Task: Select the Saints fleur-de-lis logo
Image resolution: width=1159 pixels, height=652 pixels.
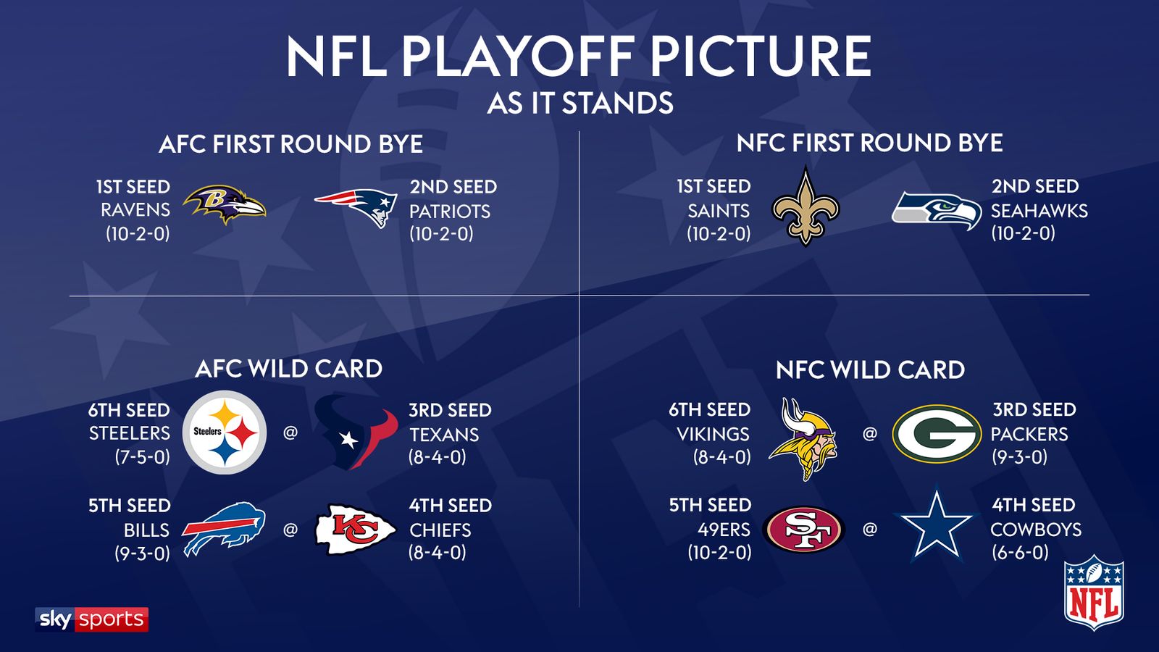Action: (x=806, y=206)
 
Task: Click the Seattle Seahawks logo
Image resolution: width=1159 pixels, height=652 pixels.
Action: (x=936, y=210)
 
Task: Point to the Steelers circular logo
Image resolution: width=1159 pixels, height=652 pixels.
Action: (x=225, y=432)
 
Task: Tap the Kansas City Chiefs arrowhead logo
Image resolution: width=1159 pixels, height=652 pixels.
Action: (x=356, y=530)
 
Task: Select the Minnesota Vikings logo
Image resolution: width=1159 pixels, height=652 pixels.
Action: (x=804, y=438)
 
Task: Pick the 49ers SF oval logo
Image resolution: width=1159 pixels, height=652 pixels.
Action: (x=804, y=530)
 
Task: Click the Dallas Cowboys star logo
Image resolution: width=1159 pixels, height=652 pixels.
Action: (x=935, y=526)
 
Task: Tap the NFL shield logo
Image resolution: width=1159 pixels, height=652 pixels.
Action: (x=1093, y=593)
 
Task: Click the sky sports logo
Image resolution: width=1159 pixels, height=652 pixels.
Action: (x=92, y=619)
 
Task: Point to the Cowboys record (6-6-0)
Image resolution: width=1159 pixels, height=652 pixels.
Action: (x=1020, y=553)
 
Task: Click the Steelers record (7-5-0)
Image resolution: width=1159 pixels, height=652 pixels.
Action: (x=142, y=457)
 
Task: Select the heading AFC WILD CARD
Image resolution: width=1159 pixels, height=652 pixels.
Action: (x=289, y=369)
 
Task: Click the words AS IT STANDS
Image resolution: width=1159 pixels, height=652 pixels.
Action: (x=580, y=104)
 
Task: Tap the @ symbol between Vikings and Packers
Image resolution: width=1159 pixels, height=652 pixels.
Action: (x=870, y=433)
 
